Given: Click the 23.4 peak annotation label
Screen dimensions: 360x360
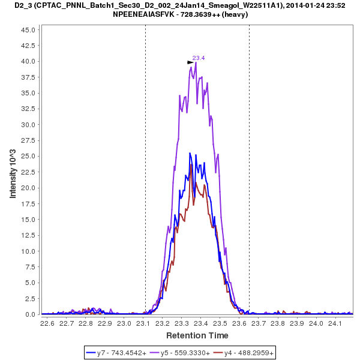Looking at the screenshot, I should (x=199, y=58).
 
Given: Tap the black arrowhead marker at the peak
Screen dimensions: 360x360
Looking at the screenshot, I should (x=190, y=62).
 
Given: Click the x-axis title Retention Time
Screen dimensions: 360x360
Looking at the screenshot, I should (x=197, y=335).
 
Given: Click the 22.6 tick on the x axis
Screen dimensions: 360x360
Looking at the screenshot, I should (x=47, y=323).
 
